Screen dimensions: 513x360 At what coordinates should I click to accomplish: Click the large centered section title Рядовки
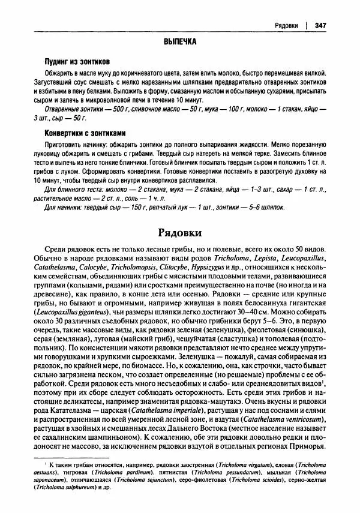point(179,232)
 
